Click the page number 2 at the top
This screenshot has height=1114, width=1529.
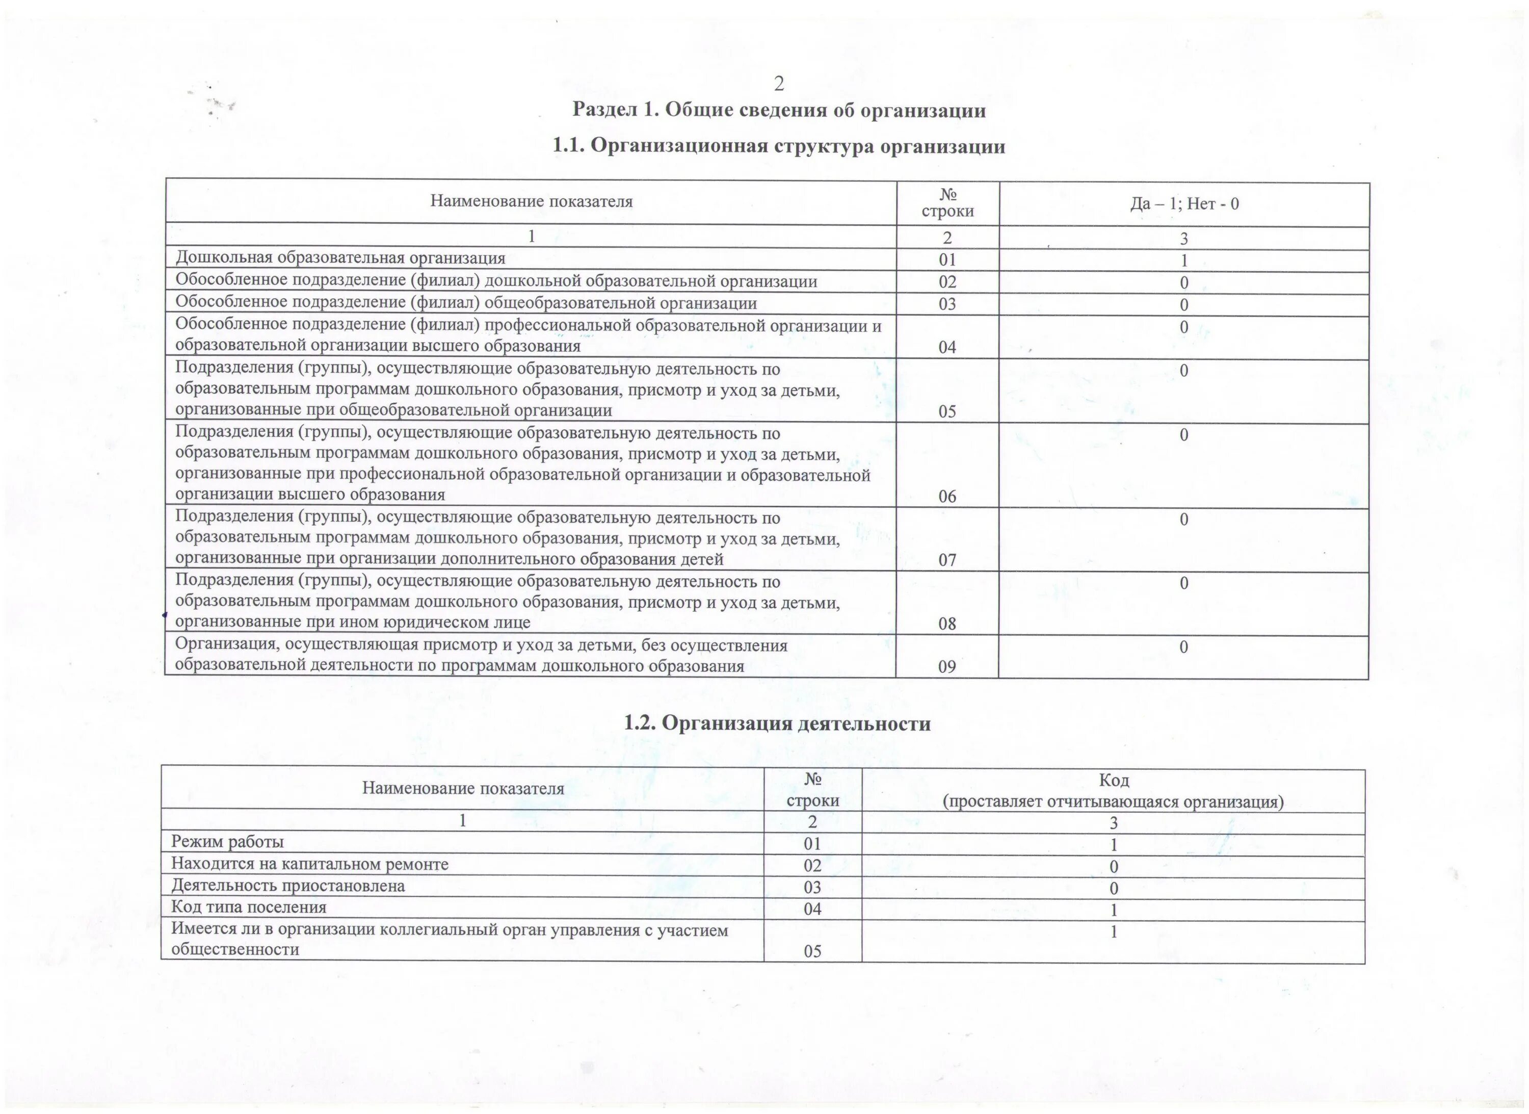click(779, 84)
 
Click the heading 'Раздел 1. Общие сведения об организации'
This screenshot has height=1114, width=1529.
click(779, 110)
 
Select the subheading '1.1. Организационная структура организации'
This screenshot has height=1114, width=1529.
click(779, 146)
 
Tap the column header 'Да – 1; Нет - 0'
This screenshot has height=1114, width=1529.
click(1184, 203)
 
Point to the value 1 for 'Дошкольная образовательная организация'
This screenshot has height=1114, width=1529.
click(1184, 261)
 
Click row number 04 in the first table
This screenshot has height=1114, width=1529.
click(947, 347)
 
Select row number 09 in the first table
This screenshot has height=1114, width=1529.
click(947, 667)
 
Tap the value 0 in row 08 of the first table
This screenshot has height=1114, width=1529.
click(1184, 583)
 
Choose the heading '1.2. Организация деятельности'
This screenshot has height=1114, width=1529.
click(777, 723)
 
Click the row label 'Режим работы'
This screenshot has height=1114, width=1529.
click(227, 842)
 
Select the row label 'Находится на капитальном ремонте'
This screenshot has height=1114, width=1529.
click(309, 864)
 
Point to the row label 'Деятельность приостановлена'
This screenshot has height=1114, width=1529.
click(288, 886)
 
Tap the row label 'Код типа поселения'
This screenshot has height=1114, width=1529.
click(248, 907)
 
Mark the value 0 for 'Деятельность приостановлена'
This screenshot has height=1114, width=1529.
click(1114, 889)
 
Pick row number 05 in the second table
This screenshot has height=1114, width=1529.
click(812, 951)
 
